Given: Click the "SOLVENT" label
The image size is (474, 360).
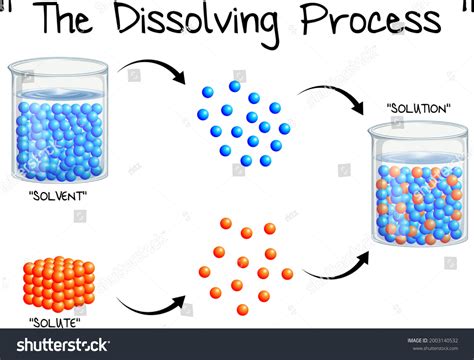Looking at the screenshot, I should pos(56,195).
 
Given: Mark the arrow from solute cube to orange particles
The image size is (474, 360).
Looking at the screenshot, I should pos(150,306).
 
